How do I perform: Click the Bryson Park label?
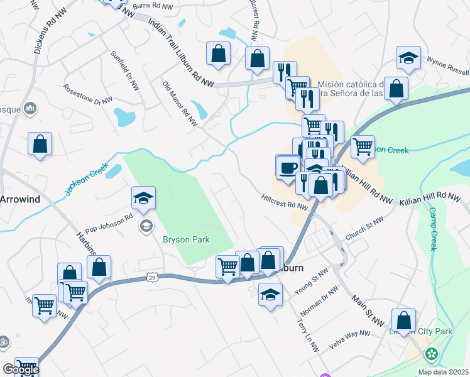[x=185, y=239]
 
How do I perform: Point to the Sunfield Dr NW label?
[x=124, y=71]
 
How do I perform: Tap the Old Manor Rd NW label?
[x=180, y=102]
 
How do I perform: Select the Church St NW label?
[x=364, y=229]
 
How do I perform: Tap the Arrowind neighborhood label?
[x=18, y=199]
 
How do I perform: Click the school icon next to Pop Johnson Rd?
[x=144, y=199]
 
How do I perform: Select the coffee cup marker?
[x=288, y=168]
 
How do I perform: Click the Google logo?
[x=20, y=369]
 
